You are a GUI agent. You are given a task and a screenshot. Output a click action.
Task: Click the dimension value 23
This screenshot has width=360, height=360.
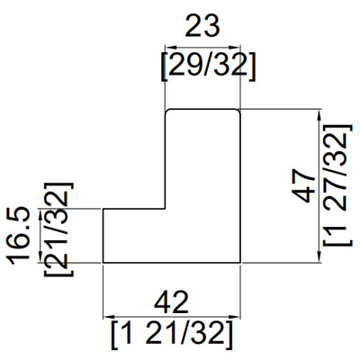click(x=202, y=27)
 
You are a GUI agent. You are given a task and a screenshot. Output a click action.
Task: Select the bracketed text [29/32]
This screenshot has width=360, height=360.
click(x=202, y=65)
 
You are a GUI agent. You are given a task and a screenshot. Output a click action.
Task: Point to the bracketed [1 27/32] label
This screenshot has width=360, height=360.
click(x=336, y=186)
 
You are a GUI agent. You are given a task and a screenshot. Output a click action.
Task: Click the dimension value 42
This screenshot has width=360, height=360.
click(x=172, y=300)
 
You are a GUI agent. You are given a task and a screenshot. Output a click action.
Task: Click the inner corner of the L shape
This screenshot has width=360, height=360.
click(x=164, y=209)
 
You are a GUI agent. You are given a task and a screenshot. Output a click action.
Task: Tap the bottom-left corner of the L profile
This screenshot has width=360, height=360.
click(x=103, y=262)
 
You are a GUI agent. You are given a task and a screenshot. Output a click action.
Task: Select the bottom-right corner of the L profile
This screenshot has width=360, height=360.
click(x=241, y=262)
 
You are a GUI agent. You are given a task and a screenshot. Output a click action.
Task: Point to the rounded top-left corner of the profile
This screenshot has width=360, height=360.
click(x=166, y=112)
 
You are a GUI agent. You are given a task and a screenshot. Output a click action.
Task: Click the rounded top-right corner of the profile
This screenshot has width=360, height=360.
click(x=238, y=112)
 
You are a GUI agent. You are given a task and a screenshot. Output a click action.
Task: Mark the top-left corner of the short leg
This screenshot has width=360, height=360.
click(x=103, y=209)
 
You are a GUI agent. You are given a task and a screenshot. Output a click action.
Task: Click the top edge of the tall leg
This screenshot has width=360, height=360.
click(x=202, y=109)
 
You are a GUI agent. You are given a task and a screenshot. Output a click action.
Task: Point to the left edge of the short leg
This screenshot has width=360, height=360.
click(x=103, y=236)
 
